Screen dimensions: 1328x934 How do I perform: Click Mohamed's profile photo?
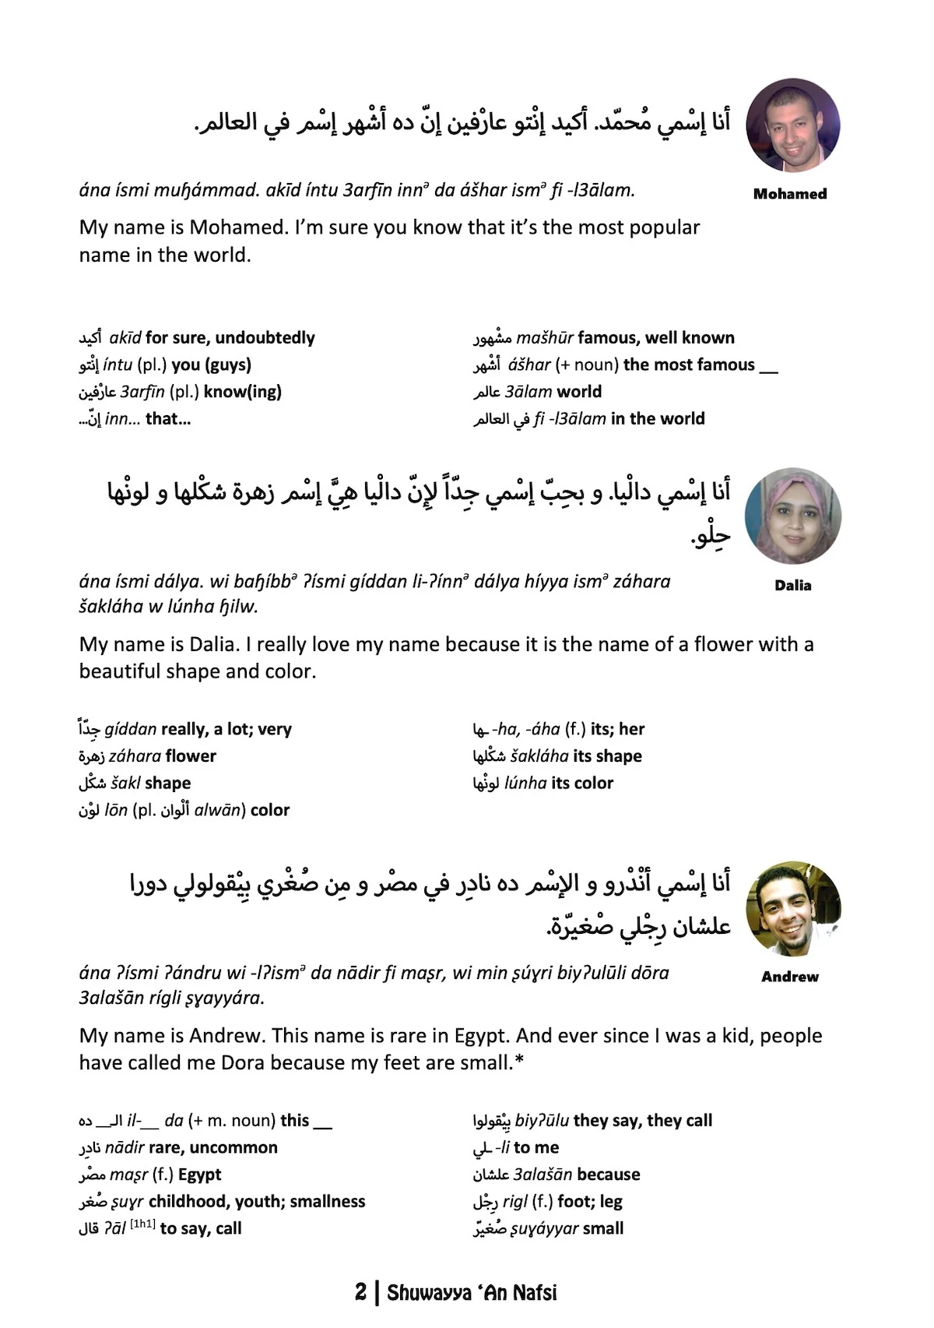point(792,125)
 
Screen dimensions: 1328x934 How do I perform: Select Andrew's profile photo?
point(792,908)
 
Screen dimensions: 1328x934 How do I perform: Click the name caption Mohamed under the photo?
point(789,194)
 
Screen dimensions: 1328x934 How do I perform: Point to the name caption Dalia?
point(792,586)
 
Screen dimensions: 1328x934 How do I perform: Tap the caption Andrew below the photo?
point(789,977)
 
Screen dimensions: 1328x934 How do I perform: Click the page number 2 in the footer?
point(360,1292)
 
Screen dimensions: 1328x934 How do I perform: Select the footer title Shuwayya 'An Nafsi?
point(472,1293)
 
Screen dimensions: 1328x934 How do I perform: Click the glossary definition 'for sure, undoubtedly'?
point(230,338)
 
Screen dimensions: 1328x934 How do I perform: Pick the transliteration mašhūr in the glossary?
point(545,338)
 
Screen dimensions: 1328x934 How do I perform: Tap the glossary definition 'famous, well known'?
point(656,338)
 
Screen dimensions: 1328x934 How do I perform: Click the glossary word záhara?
point(135,756)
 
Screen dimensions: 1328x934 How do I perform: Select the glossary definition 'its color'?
point(582,784)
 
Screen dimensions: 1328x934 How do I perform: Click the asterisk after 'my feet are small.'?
point(518,1062)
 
